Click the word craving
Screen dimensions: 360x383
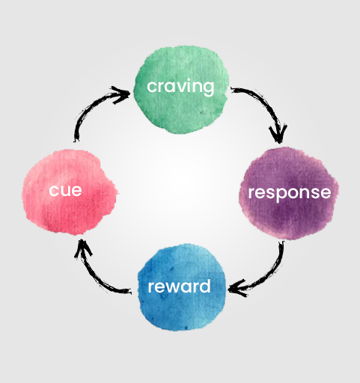pyautogui.click(x=180, y=87)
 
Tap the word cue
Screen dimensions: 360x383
pyautogui.click(x=65, y=191)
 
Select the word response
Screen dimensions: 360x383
pyautogui.click(x=290, y=193)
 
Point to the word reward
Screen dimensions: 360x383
pyautogui.click(x=179, y=286)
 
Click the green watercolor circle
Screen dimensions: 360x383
pyautogui.click(x=181, y=90)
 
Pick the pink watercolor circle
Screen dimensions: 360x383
pyautogui.click(x=70, y=192)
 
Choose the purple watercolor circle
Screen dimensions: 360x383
pyautogui.click(x=288, y=193)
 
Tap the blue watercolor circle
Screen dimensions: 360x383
pyautogui.click(x=182, y=287)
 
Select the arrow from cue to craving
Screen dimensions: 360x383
pyautogui.click(x=92, y=106)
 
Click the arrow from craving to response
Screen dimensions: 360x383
pyautogui.click(x=265, y=104)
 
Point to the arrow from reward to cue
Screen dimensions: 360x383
pyautogui.click(x=94, y=275)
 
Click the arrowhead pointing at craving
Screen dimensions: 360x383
pyautogui.click(x=122, y=94)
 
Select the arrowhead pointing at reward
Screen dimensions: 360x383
pyautogui.click(x=237, y=289)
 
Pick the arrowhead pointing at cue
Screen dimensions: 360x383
pyautogui.click(x=82, y=248)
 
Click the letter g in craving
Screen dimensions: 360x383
pyautogui.click(x=208, y=88)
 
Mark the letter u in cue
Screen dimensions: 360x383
pyautogui.click(x=65, y=191)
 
